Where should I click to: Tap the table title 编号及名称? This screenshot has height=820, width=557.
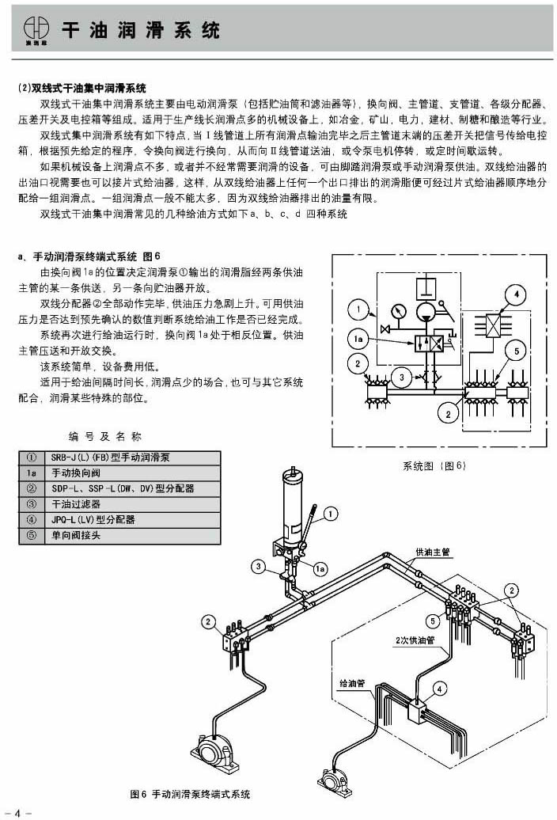[x=105, y=435]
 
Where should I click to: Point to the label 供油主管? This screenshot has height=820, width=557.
[x=432, y=552]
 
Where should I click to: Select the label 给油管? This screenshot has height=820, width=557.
[x=350, y=682]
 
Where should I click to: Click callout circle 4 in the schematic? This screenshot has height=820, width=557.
[x=515, y=296]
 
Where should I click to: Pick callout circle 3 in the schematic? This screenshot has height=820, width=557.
[x=402, y=378]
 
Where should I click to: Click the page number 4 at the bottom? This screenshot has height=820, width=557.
[x=17, y=811]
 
